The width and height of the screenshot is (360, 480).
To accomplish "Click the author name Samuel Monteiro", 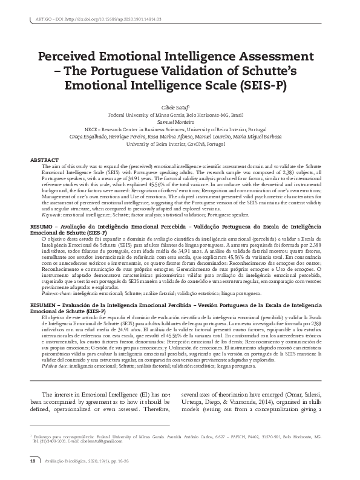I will tap(180, 121).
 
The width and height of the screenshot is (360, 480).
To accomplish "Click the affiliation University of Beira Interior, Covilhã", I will tap(180, 144).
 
